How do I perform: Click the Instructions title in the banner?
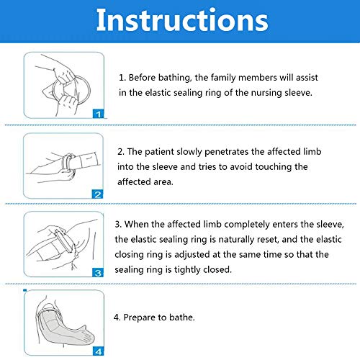pos(182,20)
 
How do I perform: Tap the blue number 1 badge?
pos(99,114)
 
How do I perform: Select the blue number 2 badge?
pos(98,194)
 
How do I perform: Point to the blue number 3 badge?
pos(98,273)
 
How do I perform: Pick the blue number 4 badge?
pos(99,351)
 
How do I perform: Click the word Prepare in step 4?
pos(139,318)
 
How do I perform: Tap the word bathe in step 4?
pos(182,318)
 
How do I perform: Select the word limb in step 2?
pos(312,151)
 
